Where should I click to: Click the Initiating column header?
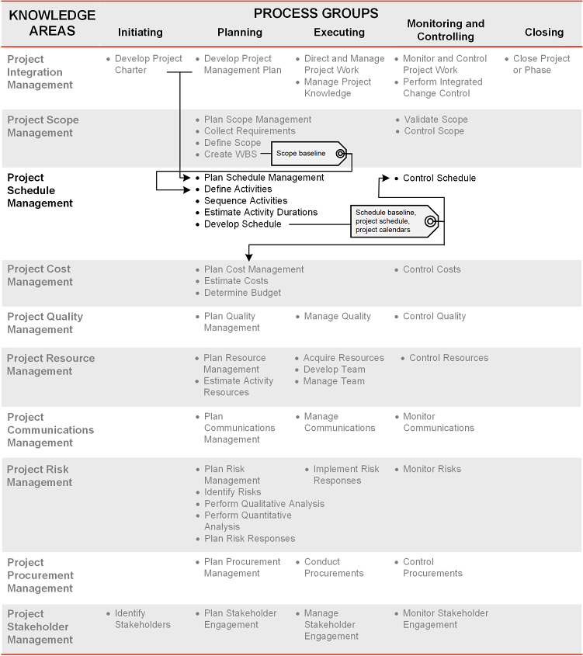click(x=141, y=32)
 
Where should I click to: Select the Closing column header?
click(x=543, y=32)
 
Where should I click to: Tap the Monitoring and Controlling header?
click(x=445, y=30)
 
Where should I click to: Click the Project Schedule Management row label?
click(x=40, y=190)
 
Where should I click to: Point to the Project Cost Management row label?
click(x=39, y=275)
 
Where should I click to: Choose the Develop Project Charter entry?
click(x=148, y=64)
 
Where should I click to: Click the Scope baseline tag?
click(x=310, y=154)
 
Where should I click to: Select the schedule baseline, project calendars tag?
click(x=393, y=221)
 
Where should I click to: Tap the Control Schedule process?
click(x=439, y=178)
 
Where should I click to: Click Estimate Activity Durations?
click(x=260, y=212)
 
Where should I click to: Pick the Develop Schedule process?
click(x=242, y=224)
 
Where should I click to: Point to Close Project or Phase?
click(x=541, y=64)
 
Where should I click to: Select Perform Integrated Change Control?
click(x=442, y=88)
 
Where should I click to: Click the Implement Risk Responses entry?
click(x=345, y=474)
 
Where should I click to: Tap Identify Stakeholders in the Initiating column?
click(x=142, y=619)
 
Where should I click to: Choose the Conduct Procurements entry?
click(x=333, y=567)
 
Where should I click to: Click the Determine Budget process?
click(x=242, y=293)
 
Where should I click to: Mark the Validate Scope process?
click(x=436, y=120)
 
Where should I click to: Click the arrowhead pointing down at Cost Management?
click(x=248, y=257)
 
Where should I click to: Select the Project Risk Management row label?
click(x=39, y=475)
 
